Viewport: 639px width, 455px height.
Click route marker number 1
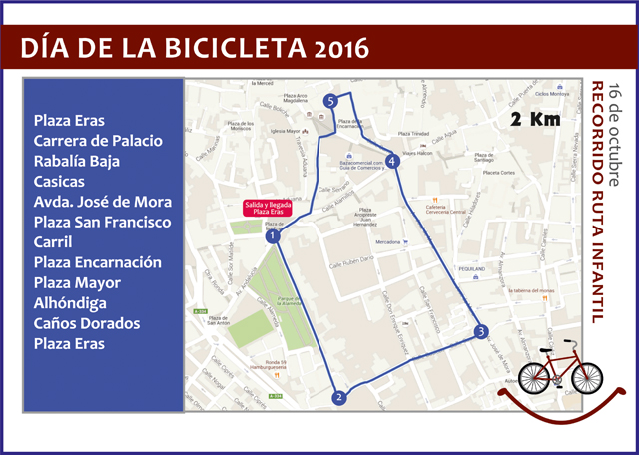coord(272,236)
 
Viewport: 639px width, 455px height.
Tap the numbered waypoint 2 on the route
coord(339,397)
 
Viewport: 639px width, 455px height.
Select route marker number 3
coord(481,332)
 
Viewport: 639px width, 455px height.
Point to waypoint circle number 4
coord(392,161)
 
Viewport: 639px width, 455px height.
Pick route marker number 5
coord(330,101)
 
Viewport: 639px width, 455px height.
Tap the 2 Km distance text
coord(534,120)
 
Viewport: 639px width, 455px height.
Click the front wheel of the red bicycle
coord(537,377)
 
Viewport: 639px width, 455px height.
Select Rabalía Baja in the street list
coord(72,161)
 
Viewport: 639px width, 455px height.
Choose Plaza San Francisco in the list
coord(102,222)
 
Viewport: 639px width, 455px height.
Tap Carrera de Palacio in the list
coord(98,141)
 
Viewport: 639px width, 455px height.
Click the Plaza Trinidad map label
coord(413,134)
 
